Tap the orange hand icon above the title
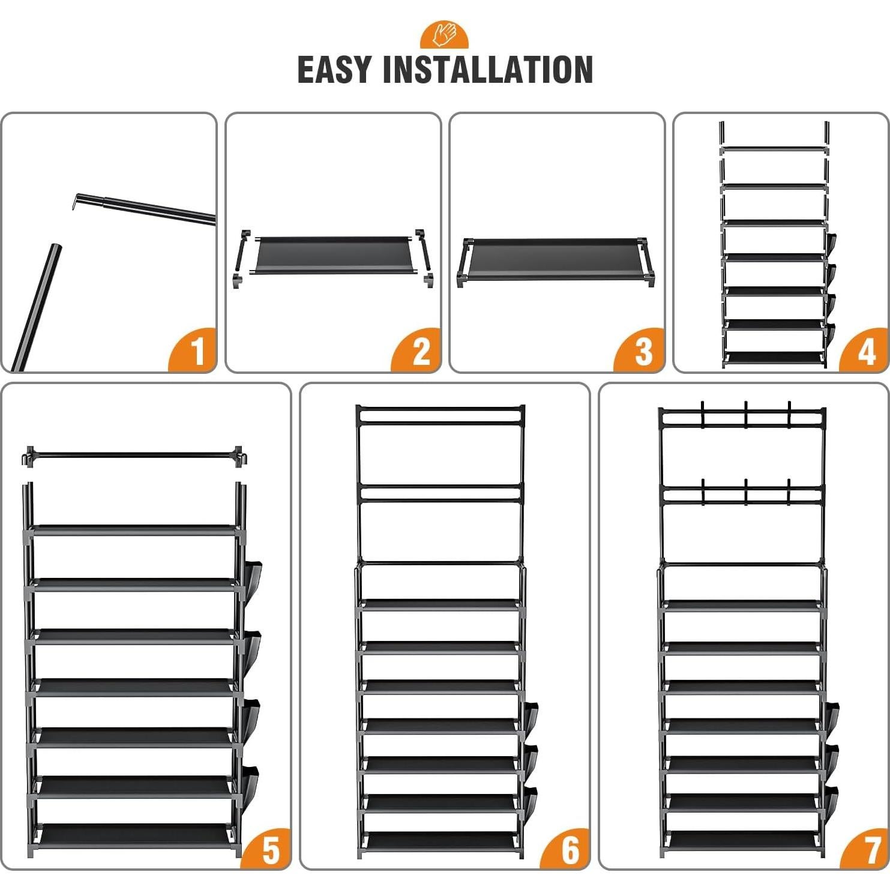pos(445,35)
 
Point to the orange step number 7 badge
pos(865,849)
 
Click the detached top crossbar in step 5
pos(135,457)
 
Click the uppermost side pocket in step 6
pos(529,719)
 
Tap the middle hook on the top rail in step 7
pos(745,414)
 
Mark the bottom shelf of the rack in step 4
pos(775,358)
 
